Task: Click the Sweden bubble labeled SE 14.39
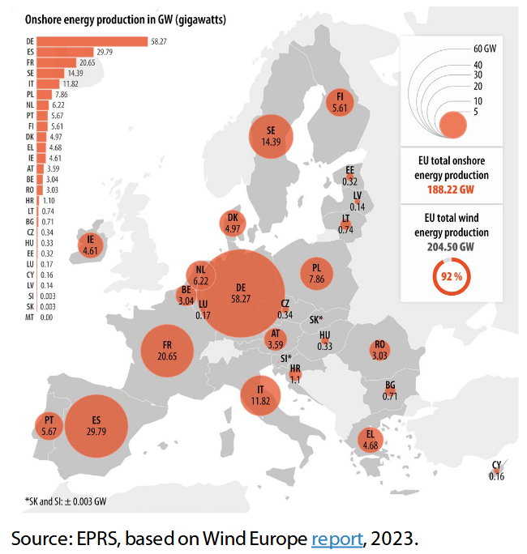click(x=264, y=135)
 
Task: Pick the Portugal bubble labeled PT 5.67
click(x=49, y=425)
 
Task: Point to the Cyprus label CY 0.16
click(x=496, y=471)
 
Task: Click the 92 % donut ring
click(x=452, y=276)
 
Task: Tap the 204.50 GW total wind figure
click(x=451, y=246)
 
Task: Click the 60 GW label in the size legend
click(x=484, y=50)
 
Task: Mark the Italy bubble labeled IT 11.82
click(x=259, y=395)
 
